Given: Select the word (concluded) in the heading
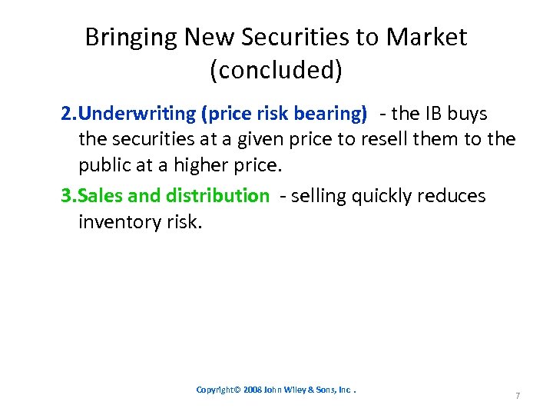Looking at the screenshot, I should pos(276,71).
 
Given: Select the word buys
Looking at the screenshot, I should pos(468,114).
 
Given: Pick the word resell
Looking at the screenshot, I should pos(381,140).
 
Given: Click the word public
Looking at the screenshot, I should pos(104,166).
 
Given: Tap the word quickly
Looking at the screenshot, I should pos(381,196).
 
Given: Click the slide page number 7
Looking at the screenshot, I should pos(518,396).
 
